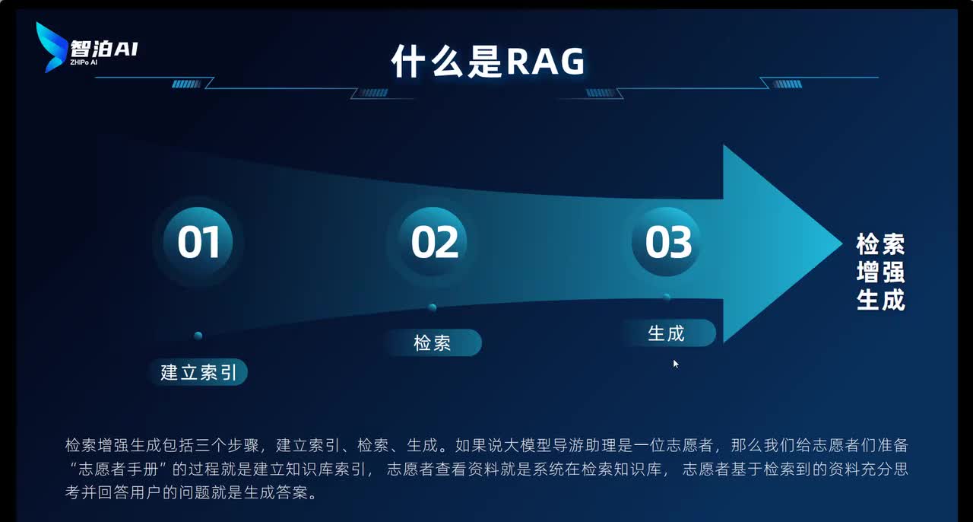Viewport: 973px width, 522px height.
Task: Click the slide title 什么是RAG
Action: [487, 61]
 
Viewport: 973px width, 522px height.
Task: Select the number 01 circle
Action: [198, 241]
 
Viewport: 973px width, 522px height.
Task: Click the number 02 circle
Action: [434, 241]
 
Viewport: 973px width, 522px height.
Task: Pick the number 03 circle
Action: [668, 241]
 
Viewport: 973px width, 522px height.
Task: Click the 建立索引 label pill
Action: [198, 372]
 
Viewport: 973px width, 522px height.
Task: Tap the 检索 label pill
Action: [432, 343]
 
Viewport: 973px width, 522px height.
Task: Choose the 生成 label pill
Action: [666, 333]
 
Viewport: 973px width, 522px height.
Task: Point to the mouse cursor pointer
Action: [675, 363]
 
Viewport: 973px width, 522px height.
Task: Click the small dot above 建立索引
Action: [198, 336]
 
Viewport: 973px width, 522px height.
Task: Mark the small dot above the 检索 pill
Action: [432, 307]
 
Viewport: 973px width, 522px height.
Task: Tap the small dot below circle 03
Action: [667, 297]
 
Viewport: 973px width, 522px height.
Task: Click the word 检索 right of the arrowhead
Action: [880, 245]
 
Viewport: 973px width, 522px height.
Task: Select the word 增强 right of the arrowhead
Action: [880, 272]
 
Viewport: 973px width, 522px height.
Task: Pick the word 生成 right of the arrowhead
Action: [880, 300]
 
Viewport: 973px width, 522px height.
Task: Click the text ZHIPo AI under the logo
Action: [84, 62]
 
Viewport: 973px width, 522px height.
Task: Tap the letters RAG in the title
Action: [545, 61]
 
